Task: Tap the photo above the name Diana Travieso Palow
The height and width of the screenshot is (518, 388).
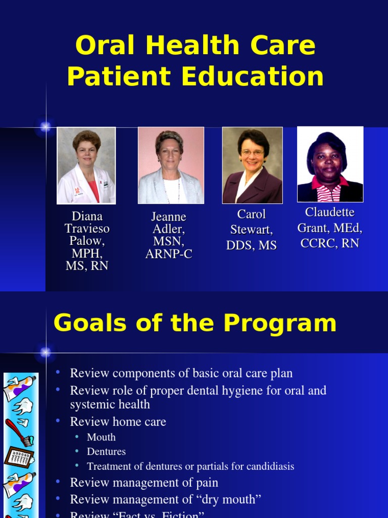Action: click(86, 165)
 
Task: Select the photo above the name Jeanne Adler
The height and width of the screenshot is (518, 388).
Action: click(171, 165)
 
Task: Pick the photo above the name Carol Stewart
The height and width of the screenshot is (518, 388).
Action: click(252, 165)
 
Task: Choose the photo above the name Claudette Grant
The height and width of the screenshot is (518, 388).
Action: click(330, 164)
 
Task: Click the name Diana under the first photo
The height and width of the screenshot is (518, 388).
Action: click(87, 217)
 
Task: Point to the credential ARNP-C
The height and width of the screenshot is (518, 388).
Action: click(169, 254)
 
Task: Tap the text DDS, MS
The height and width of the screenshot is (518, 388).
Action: click(252, 245)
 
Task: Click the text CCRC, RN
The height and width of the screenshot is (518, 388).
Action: click(329, 243)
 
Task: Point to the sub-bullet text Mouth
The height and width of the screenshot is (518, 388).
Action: click(101, 437)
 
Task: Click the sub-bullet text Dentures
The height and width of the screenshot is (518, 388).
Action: click(106, 452)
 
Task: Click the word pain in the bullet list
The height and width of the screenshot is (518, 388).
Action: click(207, 483)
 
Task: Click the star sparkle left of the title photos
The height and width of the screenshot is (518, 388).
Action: click(45, 127)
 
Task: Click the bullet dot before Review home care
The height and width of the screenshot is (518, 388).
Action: click(59, 421)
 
